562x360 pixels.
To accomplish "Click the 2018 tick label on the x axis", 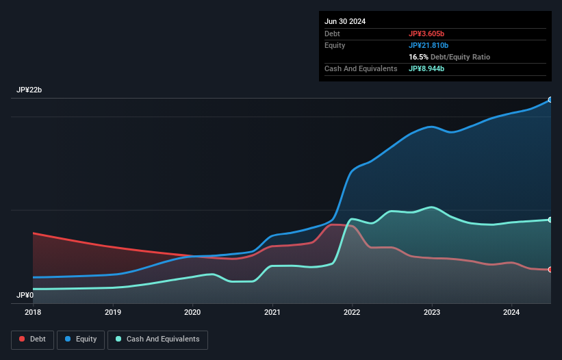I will [33, 312].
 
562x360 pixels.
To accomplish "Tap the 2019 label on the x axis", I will [113, 312].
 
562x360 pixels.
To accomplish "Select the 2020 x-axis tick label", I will [192, 312].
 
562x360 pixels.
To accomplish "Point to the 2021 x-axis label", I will [272, 312].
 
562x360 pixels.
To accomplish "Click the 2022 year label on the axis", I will [352, 312].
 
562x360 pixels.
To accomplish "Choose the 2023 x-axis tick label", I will [432, 312].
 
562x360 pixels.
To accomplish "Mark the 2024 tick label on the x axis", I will [511, 312].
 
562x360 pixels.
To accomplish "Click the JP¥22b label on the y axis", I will [30, 90].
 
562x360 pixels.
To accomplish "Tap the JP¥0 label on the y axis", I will [25, 295].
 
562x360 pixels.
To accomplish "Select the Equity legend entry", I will [81, 339].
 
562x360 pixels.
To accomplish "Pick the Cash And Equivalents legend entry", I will [157, 339].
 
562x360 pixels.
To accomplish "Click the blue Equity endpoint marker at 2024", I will [550, 100].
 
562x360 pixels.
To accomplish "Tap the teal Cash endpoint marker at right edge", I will [550, 220].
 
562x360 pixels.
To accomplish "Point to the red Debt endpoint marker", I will [550, 270].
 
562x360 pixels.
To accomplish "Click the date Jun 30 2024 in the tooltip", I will [345, 21].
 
